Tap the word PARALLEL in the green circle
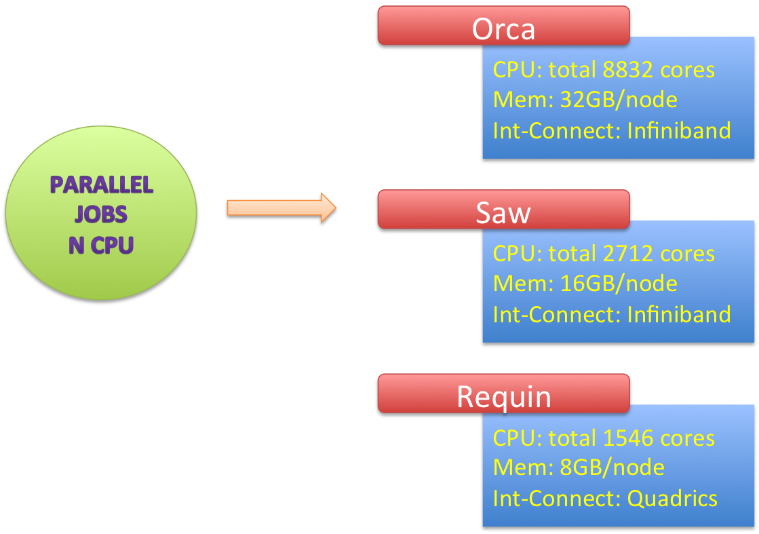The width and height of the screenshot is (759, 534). [x=102, y=185]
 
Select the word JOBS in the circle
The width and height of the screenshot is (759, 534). [x=101, y=214]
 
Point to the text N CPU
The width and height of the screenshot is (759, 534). [x=101, y=244]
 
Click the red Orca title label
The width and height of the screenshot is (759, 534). [x=503, y=29]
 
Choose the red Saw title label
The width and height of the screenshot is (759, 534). [x=503, y=212]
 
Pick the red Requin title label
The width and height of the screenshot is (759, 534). [x=503, y=397]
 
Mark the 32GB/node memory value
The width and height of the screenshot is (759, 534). [x=619, y=100]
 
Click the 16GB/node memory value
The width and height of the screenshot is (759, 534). [x=619, y=284]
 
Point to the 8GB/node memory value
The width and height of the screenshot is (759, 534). [x=612, y=468]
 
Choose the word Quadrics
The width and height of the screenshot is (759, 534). [x=672, y=499]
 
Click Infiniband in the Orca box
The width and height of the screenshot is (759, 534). [x=679, y=130]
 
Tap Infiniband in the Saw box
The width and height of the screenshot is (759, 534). [x=679, y=314]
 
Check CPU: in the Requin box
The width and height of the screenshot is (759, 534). [x=518, y=438]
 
